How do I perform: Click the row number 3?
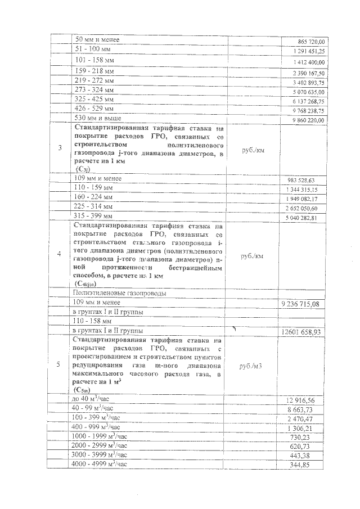[60, 148]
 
